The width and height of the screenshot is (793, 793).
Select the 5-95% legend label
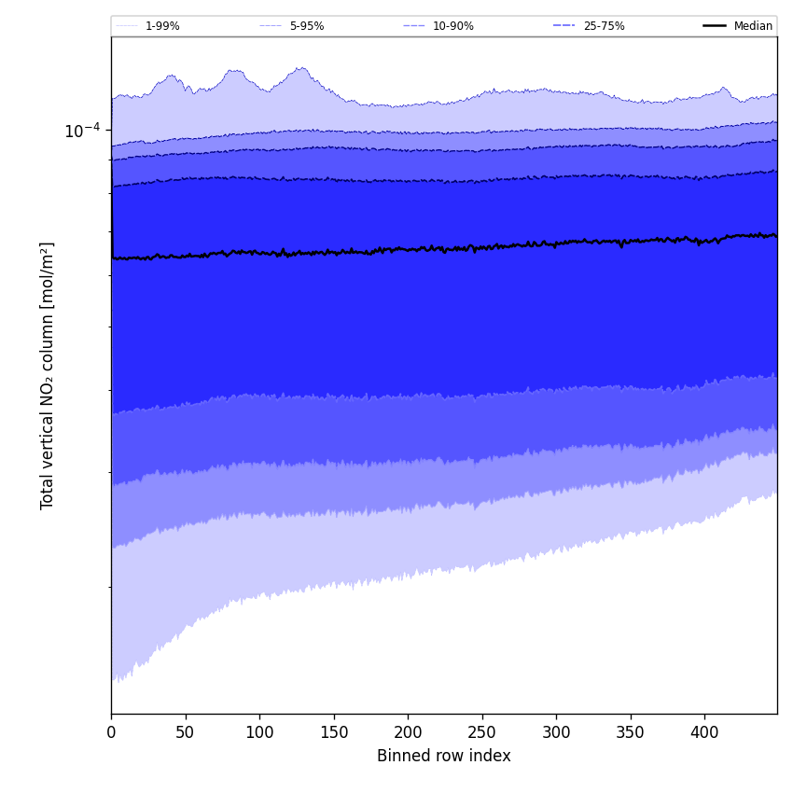click(306, 26)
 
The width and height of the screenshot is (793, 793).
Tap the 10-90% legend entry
click(452, 26)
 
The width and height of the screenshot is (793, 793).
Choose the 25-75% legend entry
click(604, 26)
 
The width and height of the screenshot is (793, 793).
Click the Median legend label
click(753, 26)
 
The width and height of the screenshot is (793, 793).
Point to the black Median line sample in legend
click(715, 26)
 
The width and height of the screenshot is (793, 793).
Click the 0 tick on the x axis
click(111, 732)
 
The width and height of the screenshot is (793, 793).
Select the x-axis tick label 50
click(186, 732)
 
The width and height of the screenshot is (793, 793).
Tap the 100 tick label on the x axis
click(259, 732)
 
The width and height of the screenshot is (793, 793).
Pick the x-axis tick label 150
click(334, 732)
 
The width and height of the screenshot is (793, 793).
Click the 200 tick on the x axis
click(408, 732)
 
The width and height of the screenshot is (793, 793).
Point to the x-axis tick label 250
click(482, 732)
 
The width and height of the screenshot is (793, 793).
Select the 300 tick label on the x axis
click(556, 732)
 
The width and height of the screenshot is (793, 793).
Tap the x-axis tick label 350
click(631, 732)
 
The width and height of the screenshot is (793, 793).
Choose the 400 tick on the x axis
click(704, 732)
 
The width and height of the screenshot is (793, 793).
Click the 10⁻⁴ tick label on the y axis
click(82, 131)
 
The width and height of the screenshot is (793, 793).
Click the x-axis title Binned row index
click(443, 757)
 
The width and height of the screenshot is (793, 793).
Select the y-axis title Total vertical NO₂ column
click(48, 375)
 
